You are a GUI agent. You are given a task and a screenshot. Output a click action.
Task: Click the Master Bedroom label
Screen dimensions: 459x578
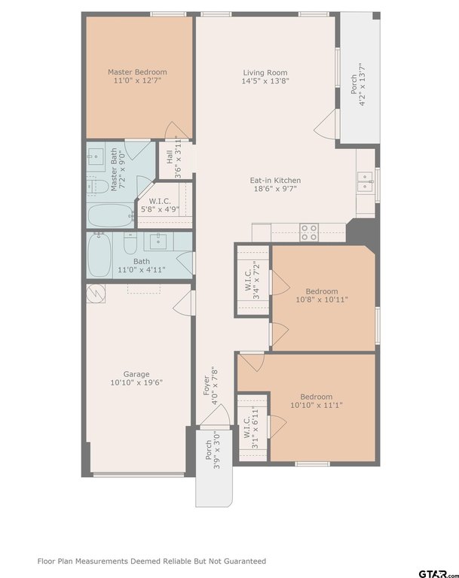(137, 72)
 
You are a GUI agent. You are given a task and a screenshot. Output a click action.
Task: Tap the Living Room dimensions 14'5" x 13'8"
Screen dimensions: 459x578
(265, 81)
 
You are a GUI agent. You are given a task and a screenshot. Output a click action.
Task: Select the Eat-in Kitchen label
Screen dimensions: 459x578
(275, 181)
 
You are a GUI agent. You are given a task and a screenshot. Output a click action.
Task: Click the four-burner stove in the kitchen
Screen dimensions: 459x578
(309, 233)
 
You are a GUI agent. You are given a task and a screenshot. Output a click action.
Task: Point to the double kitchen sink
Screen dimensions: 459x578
(366, 181)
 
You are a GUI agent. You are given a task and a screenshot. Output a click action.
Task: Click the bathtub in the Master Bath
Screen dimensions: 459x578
(110, 216)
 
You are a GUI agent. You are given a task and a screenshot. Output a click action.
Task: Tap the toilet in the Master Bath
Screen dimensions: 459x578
(98, 186)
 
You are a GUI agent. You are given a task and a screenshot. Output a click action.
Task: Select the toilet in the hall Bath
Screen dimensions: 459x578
(130, 242)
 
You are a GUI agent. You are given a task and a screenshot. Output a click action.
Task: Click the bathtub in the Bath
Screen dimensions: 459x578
(99, 255)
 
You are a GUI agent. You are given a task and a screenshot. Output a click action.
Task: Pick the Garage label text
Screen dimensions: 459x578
(136, 374)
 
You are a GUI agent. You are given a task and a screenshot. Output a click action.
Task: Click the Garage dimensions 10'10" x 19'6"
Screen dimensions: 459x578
(136, 382)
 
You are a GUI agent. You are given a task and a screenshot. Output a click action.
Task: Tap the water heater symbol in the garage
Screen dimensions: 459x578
(96, 294)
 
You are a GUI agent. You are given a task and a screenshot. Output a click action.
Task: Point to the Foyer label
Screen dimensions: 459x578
(207, 385)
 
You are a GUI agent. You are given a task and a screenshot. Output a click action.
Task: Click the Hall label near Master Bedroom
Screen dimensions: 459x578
(170, 157)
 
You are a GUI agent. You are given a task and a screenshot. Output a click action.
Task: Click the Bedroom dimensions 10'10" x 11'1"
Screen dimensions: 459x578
(317, 405)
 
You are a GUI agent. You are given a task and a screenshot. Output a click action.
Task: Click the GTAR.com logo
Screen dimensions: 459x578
(438, 573)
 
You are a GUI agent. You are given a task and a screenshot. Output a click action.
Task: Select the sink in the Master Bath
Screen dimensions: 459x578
(96, 157)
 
